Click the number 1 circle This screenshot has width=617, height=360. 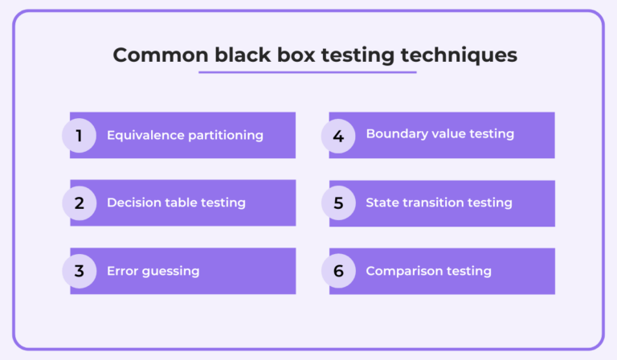pyautogui.click(x=79, y=135)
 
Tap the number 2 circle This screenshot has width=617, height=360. pyautogui.click(x=79, y=203)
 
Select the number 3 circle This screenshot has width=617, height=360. pyautogui.click(x=79, y=271)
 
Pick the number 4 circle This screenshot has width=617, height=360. pyautogui.click(x=338, y=135)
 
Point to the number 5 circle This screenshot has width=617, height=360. pyautogui.click(x=338, y=203)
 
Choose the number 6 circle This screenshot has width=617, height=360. pyautogui.click(x=338, y=271)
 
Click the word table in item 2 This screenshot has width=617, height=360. pyautogui.click(x=182, y=202)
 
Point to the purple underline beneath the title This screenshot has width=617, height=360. pyautogui.click(x=308, y=72)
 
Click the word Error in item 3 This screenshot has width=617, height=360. pyautogui.click(x=123, y=271)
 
